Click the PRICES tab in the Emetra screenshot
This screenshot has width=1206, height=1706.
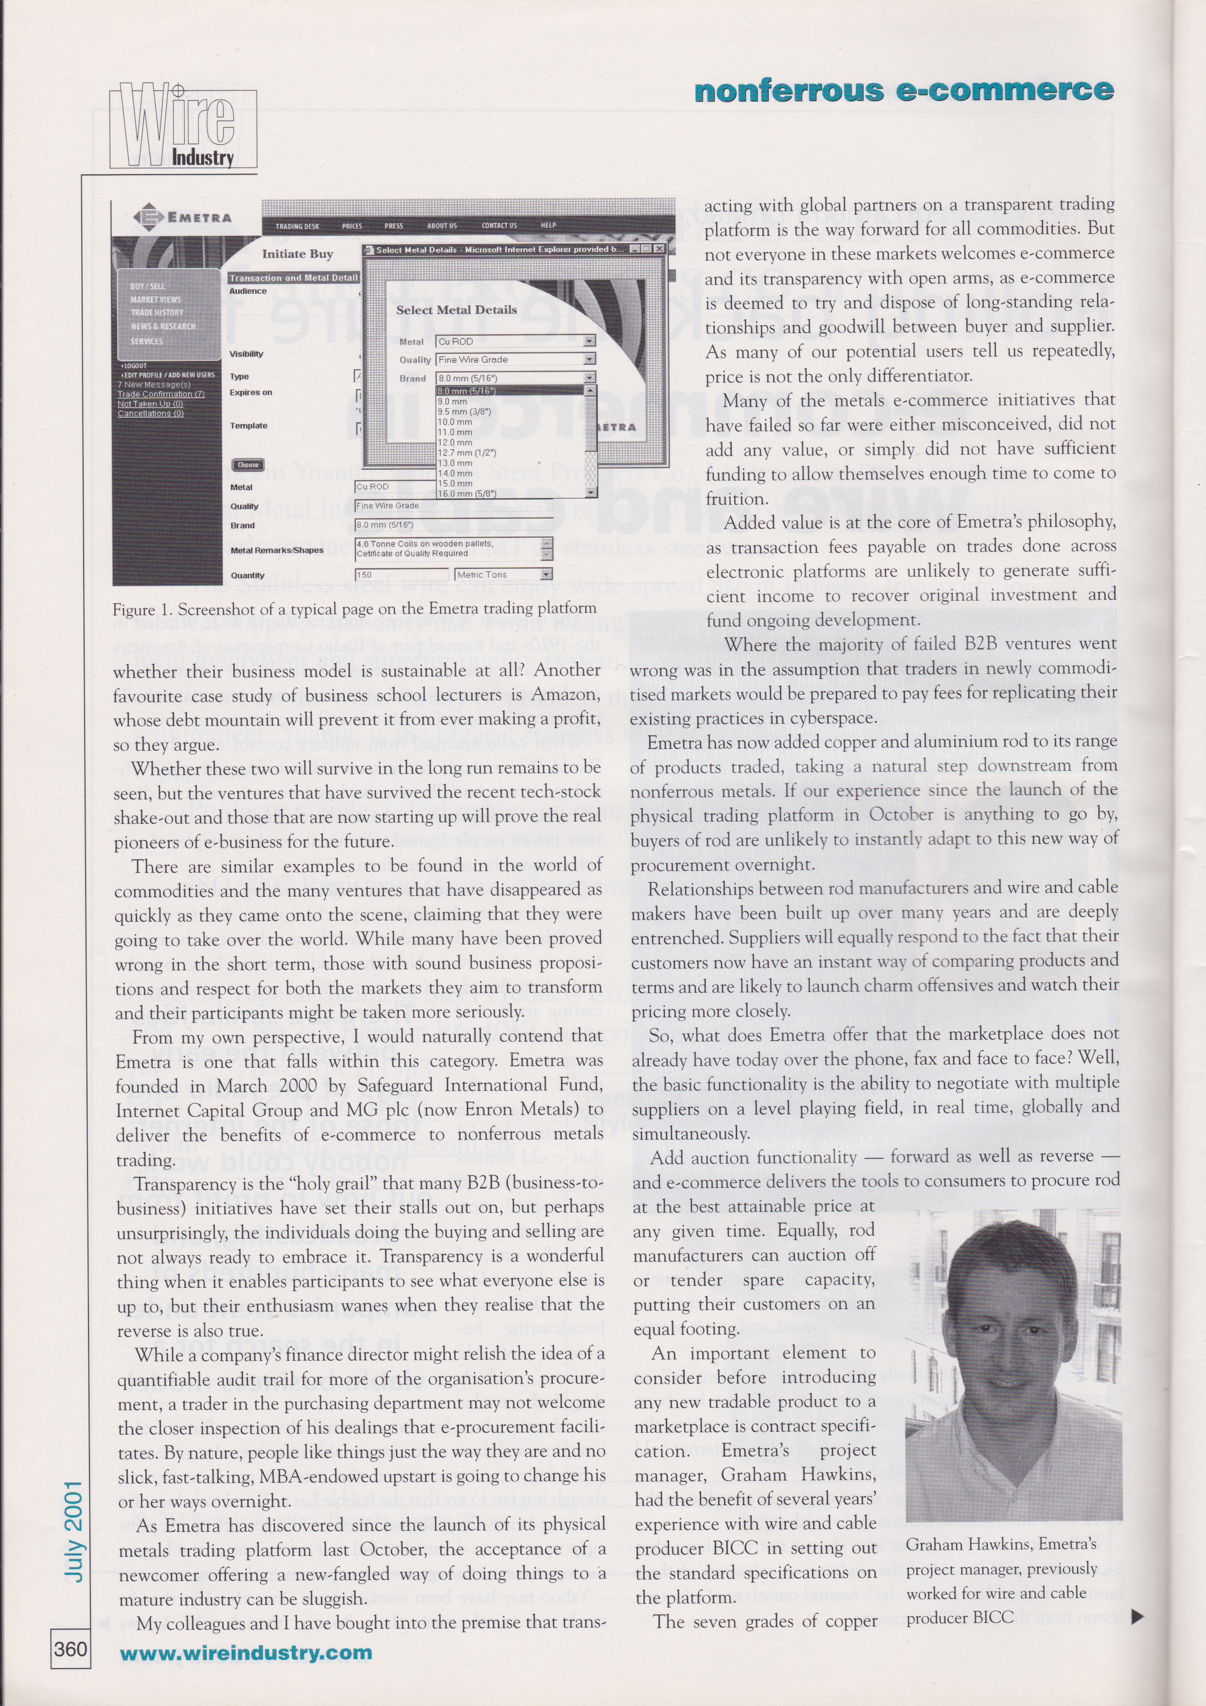pyautogui.click(x=352, y=226)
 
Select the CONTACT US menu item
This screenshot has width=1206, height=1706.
pyautogui.click(x=498, y=226)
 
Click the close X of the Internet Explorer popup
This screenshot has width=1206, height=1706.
pyautogui.click(x=657, y=249)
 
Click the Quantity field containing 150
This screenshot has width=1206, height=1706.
pyautogui.click(x=401, y=574)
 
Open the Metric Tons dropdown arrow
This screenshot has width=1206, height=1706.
pyautogui.click(x=546, y=574)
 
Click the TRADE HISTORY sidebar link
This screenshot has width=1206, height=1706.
pyautogui.click(x=157, y=313)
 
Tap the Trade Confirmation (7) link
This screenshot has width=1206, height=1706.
pyautogui.click(x=160, y=394)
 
